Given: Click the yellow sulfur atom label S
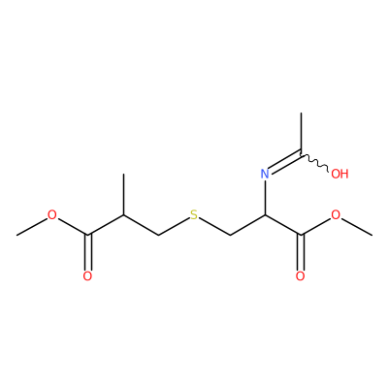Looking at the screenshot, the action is (194, 215).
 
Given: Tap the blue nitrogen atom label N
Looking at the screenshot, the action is (265, 174).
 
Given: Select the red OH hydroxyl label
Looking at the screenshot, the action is (339, 174).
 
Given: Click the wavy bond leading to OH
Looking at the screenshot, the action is (315, 161).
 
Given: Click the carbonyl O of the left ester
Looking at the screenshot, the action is (87, 276).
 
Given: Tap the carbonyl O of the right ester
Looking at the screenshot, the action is (301, 276).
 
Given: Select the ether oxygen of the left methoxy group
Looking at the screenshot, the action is (52, 215).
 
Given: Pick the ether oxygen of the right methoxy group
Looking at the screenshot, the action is (336, 215).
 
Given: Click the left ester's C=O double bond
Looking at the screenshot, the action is (87, 252).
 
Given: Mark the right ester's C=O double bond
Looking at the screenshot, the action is (301, 252).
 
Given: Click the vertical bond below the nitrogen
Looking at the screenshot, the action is (265, 197).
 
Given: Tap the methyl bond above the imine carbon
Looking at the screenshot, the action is (301, 133).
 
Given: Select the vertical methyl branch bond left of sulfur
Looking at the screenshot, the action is (123, 194).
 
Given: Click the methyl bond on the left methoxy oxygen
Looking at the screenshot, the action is (32, 226).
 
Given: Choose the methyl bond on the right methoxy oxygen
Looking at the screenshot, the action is (356, 226).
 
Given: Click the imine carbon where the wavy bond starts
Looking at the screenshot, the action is (301, 153).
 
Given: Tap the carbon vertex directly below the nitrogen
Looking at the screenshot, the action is (265, 215).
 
